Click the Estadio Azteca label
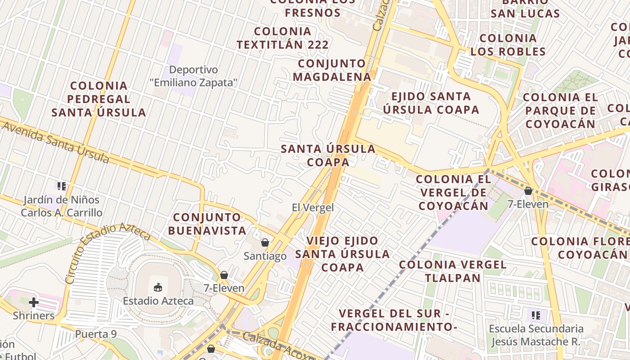click(158, 301)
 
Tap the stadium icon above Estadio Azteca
click(158, 287)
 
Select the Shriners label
click(34, 315)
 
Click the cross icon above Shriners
click(34, 302)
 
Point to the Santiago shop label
click(265, 256)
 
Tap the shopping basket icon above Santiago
click(265, 243)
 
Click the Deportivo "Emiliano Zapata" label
click(193, 76)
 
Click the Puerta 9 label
click(96, 334)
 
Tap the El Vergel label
click(313, 207)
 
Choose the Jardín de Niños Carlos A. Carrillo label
click(62, 206)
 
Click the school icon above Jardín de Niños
click(62, 186)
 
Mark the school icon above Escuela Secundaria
click(535, 315)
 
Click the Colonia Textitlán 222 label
click(283, 38)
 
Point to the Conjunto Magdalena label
click(332, 70)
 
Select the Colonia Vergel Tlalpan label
click(453, 271)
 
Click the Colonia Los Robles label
click(508, 45)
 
